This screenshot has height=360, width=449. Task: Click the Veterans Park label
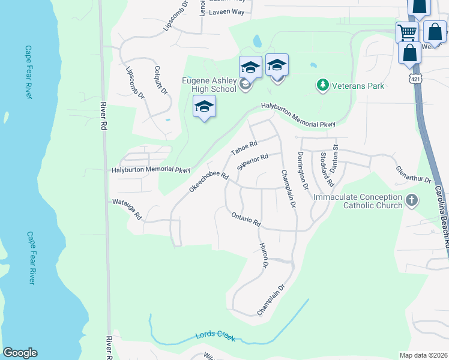coord(358,86)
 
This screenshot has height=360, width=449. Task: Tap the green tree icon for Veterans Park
coord(323,85)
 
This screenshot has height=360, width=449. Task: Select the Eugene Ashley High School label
coord(209,85)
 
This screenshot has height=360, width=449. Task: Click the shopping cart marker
coord(407,32)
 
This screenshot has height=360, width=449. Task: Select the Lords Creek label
coord(215,337)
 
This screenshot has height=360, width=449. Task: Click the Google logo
coord(20,353)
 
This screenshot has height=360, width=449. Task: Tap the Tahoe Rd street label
coord(245,148)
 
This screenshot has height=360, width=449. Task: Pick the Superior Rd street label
coord(252,162)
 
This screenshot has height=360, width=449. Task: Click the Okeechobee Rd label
coord(209,182)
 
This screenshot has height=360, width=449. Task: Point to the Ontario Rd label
coord(246,218)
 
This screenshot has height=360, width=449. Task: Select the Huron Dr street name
coord(264,254)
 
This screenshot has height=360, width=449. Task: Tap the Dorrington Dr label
coord(301,171)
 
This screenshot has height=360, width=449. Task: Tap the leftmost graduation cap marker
coord(204,107)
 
